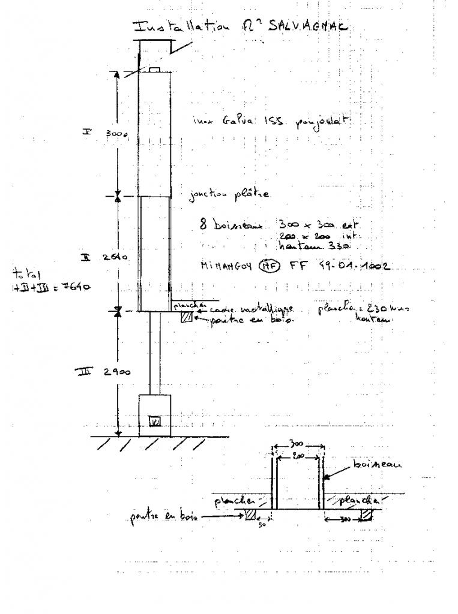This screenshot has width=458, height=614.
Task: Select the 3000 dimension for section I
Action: point(118,134)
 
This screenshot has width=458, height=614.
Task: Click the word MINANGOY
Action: point(229,266)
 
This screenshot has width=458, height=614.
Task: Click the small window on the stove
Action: point(154,421)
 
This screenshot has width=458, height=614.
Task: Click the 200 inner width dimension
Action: point(299,456)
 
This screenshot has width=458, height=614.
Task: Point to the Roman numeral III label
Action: point(83,372)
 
